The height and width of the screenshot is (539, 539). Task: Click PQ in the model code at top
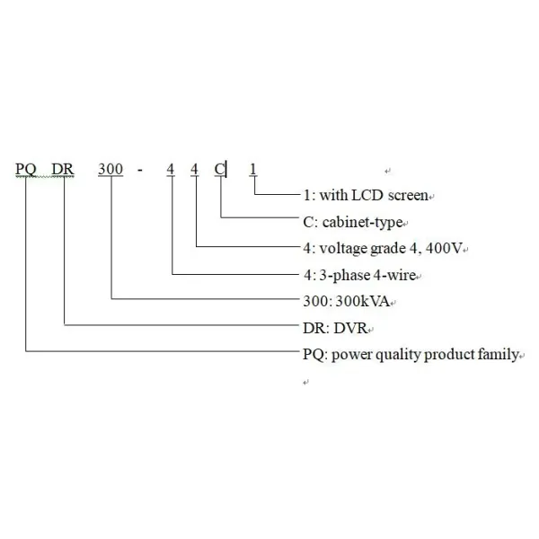pos(28,169)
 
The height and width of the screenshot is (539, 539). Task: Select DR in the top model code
pos(66,169)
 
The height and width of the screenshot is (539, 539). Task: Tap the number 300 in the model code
pos(110,169)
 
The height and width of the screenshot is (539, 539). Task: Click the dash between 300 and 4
pos(141,169)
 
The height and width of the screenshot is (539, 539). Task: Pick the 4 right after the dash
pos(171,169)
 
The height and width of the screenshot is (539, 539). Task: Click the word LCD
pos(363,195)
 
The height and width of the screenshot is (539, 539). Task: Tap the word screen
pos(406,195)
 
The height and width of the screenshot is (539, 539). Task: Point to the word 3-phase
pos(342,274)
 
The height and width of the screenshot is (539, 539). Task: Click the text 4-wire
pos(393,274)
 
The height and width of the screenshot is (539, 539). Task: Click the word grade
pos(387,247)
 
